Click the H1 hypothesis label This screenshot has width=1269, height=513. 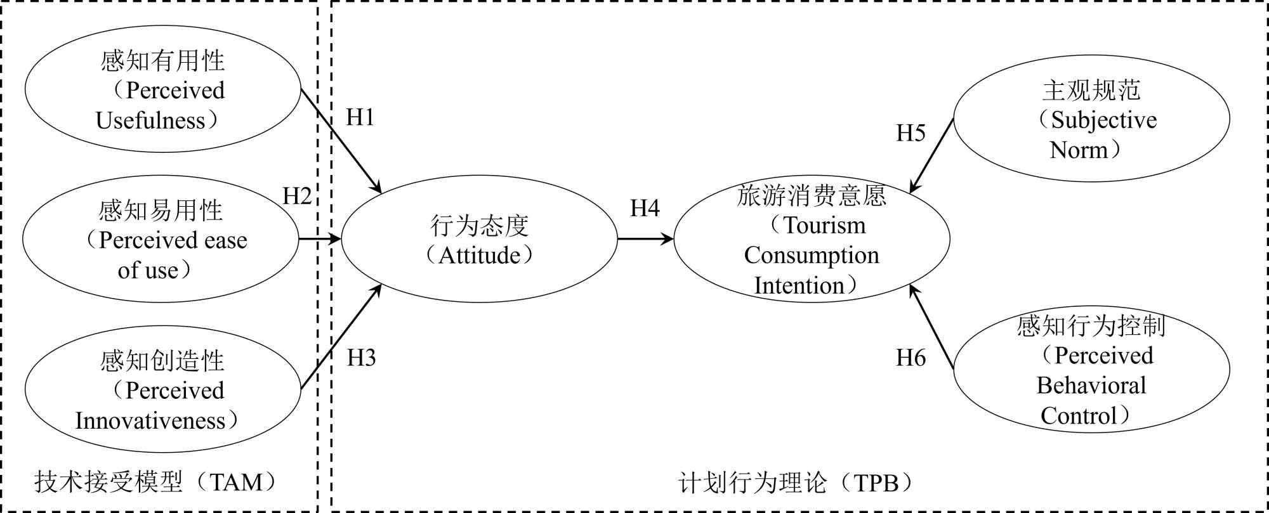pos(360,118)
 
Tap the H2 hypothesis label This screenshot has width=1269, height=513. pos(297,197)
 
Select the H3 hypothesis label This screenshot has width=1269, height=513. pos(361,358)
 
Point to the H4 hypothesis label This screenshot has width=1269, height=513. pos(645,209)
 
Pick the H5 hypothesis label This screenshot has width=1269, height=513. pos(911,133)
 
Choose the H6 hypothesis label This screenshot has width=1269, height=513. pos(911,358)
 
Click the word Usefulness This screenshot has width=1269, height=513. pos(150,120)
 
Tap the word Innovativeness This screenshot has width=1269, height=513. pos(150,420)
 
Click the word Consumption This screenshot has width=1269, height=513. pos(812,256)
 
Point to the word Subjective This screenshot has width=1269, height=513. pos(1103,120)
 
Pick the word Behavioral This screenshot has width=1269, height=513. pos(1091,386)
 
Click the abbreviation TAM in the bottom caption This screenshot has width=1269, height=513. pos(236,483)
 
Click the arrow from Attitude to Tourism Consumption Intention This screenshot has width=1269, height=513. pos(645,239)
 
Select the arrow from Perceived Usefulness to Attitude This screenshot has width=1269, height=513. pos(340,140)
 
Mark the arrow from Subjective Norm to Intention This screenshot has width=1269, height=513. pos(931,155)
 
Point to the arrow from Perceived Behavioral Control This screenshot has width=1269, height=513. pos(931,327)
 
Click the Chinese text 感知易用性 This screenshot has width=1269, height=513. pos(161,211)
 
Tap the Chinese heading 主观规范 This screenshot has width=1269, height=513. pos(1091,91)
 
